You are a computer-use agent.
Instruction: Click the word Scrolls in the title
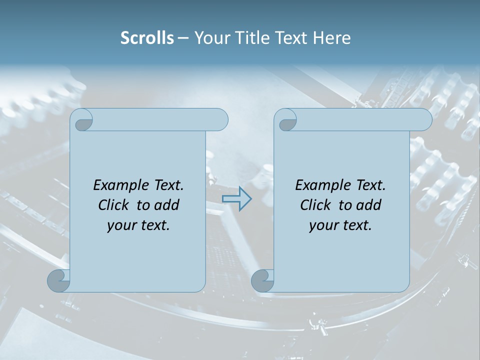[x=147, y=38]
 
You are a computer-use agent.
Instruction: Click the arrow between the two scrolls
[x=236, y=199]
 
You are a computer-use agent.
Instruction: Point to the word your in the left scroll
[x=121, y=225]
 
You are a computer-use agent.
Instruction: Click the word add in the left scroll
[x=166, y=205]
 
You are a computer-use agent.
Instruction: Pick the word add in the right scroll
[x=369, y=205]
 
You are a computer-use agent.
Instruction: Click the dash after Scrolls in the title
[x=183, y=38]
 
